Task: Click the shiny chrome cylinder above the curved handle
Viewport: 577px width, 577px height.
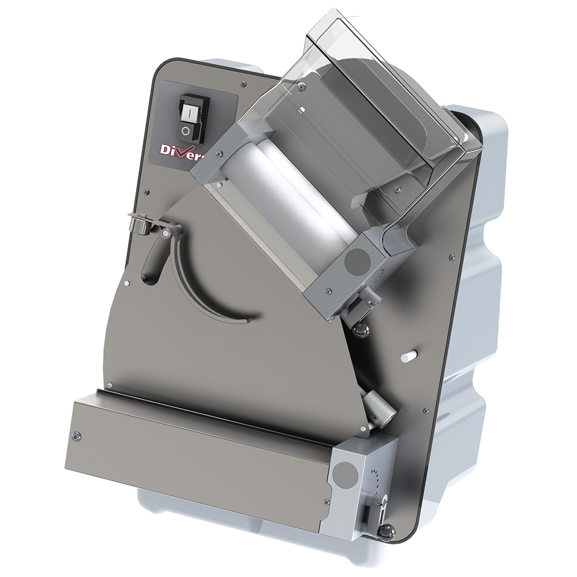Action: [139, 222]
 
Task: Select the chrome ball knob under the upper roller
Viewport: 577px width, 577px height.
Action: [362, 331]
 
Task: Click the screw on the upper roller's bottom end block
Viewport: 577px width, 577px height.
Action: [328, 290]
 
